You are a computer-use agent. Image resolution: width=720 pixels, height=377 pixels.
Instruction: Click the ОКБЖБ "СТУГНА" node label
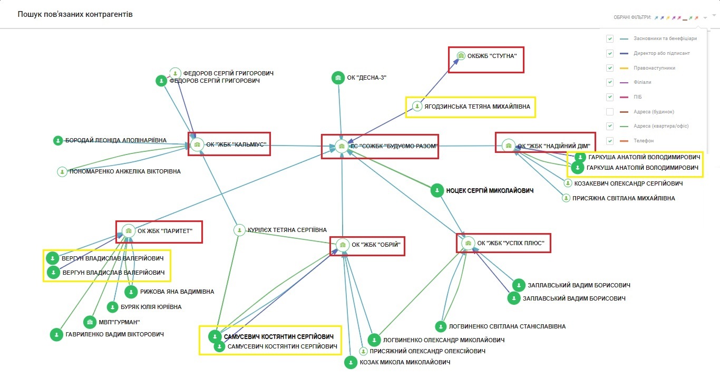coord(492,56)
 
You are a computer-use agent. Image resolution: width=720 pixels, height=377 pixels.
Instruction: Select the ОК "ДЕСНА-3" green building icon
coord(338,78)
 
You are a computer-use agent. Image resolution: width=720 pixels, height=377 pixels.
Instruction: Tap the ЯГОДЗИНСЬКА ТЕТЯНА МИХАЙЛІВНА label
coord(477,107)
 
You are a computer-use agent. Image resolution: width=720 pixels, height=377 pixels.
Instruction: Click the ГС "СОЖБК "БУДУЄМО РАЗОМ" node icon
coord(342,146)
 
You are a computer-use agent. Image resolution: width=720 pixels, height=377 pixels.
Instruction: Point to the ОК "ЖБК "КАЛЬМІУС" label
coord(236,144)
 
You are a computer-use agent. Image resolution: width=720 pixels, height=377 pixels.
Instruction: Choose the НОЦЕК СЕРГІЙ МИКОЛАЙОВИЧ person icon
coord(437,190)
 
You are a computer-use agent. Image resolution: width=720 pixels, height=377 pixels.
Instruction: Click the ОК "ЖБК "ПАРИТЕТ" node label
coord(165,231)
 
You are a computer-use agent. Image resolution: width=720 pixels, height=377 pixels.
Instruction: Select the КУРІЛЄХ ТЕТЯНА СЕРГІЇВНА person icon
coord(239,230)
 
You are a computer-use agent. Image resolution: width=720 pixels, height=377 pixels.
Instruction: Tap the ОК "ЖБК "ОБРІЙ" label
coord(376,245)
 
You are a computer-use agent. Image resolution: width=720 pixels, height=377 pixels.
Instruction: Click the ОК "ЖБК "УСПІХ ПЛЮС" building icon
coord(468,243)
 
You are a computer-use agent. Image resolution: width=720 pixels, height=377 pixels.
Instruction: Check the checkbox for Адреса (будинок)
coord(610,112)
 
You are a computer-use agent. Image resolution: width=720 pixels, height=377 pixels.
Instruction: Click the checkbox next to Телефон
coord(610,141)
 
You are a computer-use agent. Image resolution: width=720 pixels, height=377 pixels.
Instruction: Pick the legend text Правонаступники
coord(655,68)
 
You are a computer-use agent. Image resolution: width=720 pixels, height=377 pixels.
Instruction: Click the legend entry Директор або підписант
coord(661,53)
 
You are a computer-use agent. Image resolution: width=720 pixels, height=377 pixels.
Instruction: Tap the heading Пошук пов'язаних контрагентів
coord(75,14)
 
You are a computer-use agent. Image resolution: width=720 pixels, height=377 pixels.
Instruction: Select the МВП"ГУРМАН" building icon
coord(90,322)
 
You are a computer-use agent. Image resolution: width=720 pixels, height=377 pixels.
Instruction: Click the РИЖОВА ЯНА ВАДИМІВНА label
coord(177,292)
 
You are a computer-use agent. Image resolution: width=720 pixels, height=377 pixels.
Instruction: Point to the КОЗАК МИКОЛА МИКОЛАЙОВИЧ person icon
coord(351,363)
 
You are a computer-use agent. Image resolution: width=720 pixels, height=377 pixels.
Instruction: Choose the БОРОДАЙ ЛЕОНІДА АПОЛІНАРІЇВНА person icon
coord(58,141)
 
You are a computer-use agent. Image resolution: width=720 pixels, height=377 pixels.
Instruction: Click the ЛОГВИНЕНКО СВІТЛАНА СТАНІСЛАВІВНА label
coord(507,326)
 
